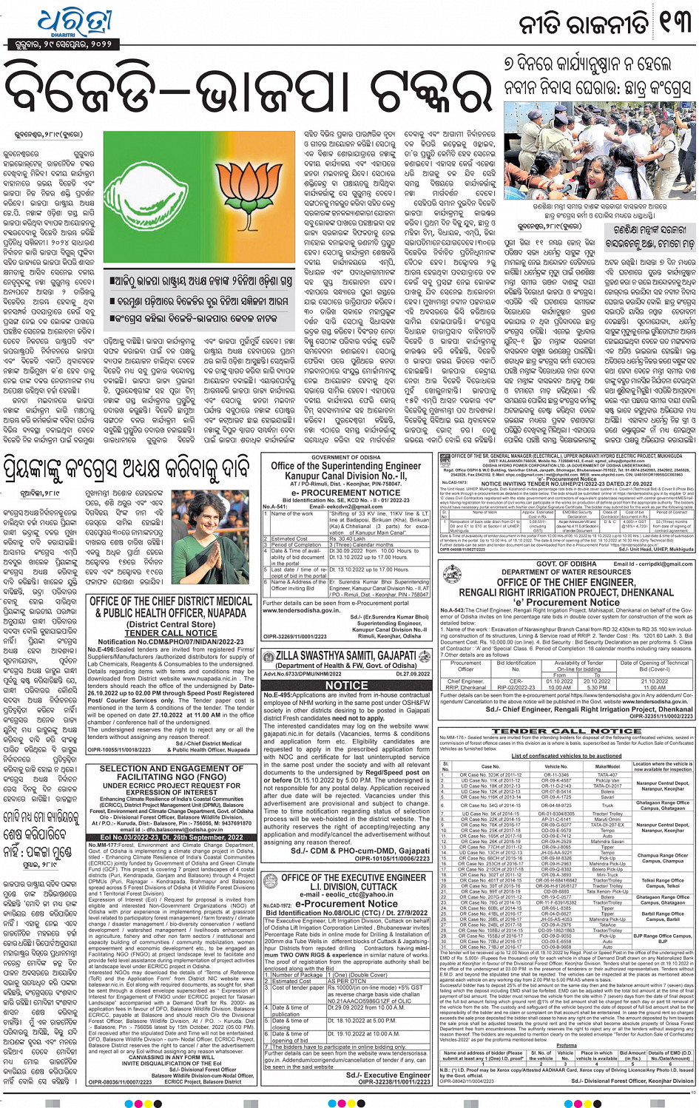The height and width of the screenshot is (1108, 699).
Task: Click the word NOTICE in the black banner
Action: pyautogui.click(x=346, y=685)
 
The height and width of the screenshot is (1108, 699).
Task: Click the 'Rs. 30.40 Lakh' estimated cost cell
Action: pyautogui.click(x=347, y=538)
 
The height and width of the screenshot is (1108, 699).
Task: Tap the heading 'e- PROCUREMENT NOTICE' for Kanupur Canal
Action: pyautogui.click(x=345, y=492)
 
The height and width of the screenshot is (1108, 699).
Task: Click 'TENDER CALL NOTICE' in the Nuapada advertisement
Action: pyautogui.click(x=170, y=633)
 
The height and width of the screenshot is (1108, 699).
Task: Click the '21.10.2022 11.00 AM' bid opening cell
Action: pyautogui.click(x=654, y=684)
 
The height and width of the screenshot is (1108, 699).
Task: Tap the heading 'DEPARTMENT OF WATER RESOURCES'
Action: pyautogui.click(x=567, y=572)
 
